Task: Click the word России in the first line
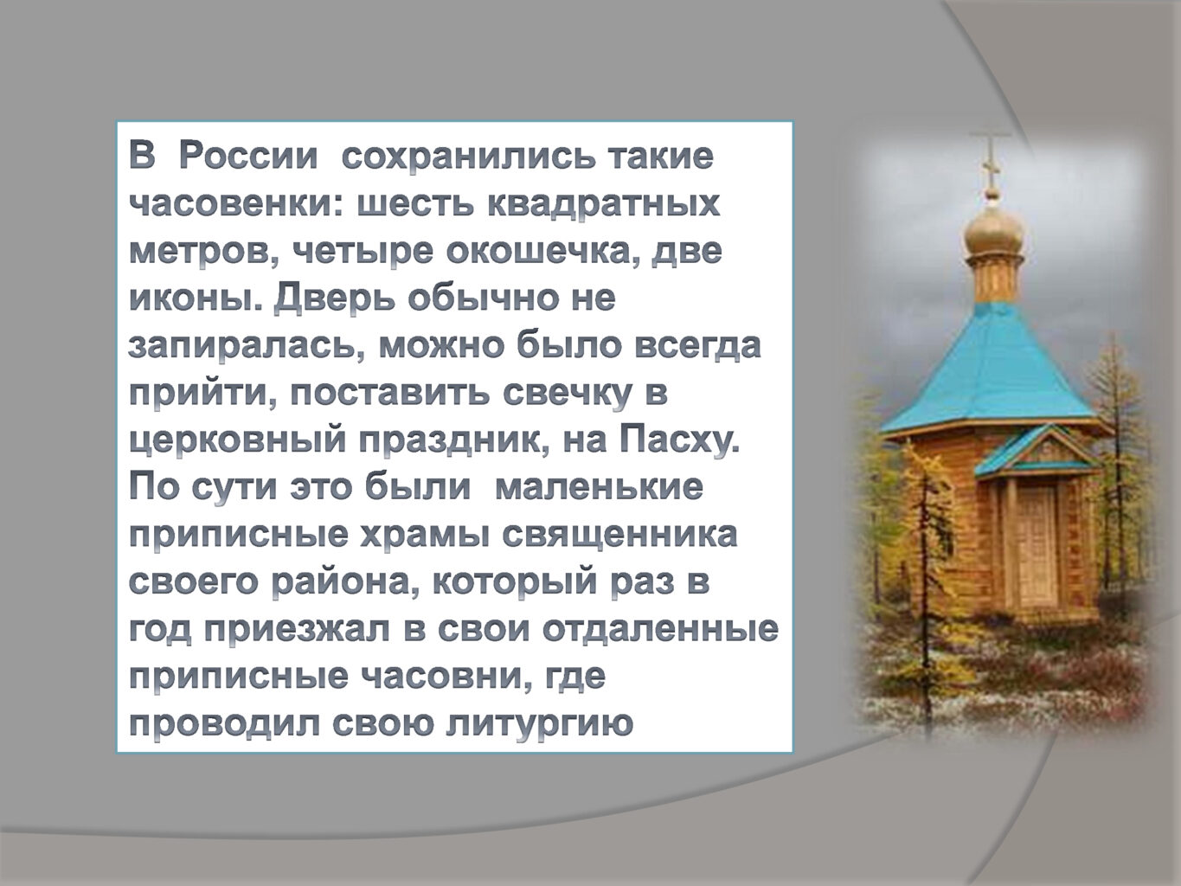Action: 248,157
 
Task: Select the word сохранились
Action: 463,157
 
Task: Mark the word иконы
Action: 196,299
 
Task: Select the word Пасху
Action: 679,441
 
